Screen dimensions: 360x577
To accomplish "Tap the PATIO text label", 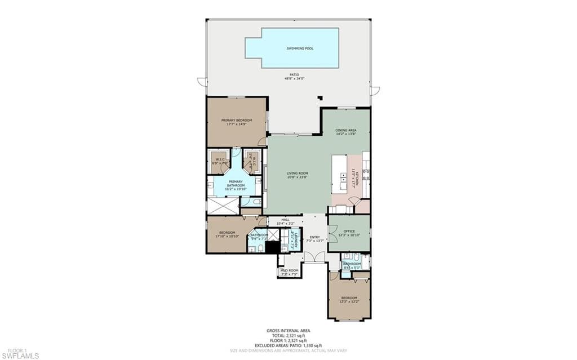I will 294,74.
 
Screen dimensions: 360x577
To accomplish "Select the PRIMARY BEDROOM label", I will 236,120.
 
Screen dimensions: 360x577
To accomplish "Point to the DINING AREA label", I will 346,130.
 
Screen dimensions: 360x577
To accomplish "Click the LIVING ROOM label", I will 297,174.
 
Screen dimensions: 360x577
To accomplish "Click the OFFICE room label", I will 349,231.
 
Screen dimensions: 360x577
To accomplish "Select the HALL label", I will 285,220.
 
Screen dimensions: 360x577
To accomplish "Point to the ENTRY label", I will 314,237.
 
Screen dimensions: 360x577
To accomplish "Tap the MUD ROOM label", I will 289,270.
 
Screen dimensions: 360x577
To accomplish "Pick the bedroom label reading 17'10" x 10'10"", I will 227,234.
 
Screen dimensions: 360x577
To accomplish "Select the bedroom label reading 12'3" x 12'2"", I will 349,299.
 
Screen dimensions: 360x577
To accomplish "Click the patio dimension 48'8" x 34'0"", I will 294,79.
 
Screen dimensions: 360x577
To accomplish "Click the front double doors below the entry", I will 315,257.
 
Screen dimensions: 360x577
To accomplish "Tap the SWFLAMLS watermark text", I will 20,355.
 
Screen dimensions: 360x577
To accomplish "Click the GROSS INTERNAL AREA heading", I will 288,331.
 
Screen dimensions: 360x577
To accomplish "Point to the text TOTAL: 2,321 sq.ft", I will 288,336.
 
